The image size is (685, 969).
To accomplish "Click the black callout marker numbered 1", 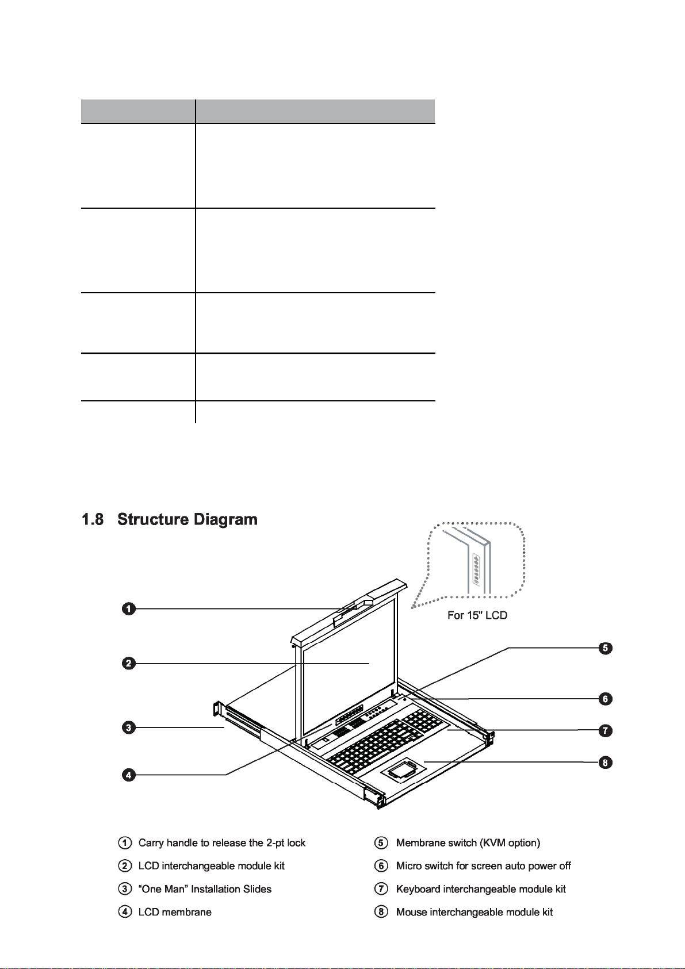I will (129, 608).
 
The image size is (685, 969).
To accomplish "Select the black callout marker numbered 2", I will (129, 664).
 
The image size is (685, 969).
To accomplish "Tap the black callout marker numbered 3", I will (129, 727).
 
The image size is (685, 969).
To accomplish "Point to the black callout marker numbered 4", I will (129, 775).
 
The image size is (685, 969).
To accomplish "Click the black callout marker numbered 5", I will (605, 648).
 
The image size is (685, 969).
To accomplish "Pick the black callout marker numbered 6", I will (605, 699).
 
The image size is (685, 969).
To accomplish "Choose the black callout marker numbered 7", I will (605, 730).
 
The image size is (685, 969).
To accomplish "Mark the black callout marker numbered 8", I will (605, 763).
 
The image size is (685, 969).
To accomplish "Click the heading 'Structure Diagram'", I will (187, 519).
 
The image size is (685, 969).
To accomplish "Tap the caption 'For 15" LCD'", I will (477, 615).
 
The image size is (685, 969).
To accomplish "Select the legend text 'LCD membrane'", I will (175, 912).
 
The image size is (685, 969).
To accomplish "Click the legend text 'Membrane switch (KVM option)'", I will (468, 842).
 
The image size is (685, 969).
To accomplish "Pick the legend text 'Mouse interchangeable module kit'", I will (474, 912).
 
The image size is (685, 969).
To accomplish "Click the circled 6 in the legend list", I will (381, 865).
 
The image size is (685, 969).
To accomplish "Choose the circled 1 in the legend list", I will (124, 842).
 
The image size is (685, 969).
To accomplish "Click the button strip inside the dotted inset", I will (476, 569).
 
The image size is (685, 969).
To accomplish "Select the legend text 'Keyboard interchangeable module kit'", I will (481, 889).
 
